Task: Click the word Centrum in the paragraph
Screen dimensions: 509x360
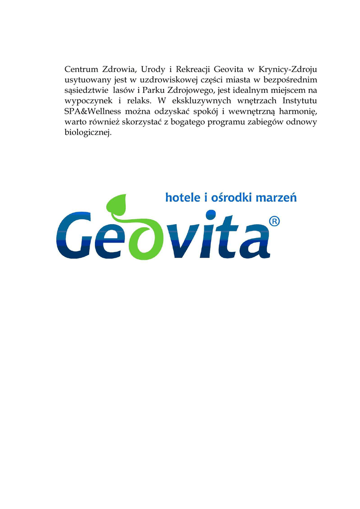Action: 82,69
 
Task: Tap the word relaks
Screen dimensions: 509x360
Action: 138,101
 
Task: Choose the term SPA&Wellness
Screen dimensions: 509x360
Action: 93,112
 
